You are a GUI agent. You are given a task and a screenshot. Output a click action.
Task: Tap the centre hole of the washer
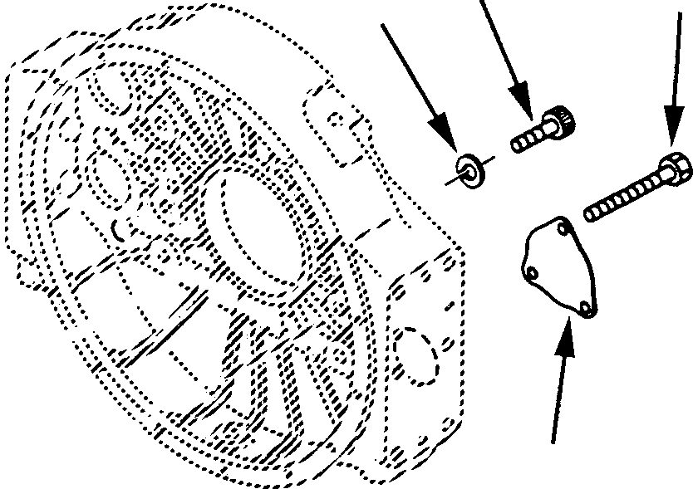pos(470,168)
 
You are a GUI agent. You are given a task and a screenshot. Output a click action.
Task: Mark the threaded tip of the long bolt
pos(591,215)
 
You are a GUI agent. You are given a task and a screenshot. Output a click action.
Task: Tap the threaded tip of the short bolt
pos(516,146)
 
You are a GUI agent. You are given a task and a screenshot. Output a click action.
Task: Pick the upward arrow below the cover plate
pos(561,382)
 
